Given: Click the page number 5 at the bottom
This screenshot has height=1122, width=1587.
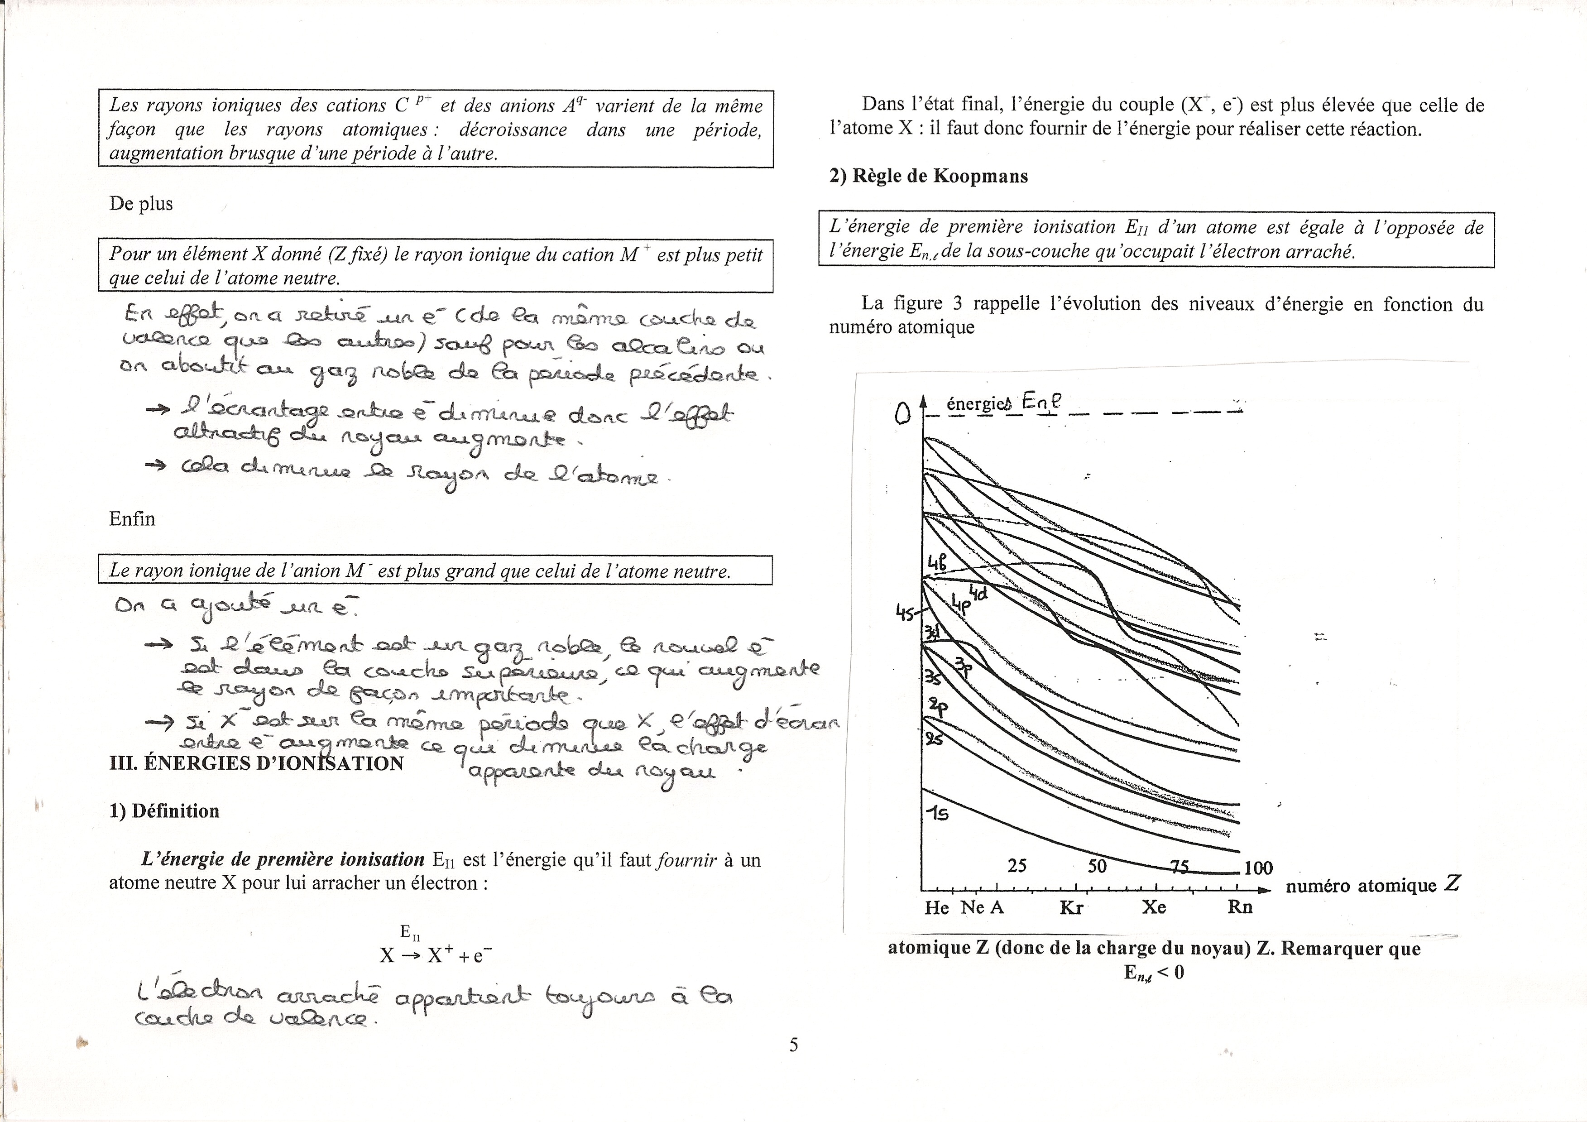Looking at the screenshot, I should (x=793, y=1045).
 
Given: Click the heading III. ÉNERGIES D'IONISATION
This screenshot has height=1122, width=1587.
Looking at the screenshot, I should (x=256, y=763).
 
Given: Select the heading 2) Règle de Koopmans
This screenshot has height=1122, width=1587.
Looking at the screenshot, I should (x=928, y=176).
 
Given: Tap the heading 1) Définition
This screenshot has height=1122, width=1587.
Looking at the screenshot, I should (x=164, y=811).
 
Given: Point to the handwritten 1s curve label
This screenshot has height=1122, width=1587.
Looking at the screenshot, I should (x=938, y=814).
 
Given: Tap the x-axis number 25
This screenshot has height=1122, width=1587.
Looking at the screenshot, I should (x=1017, y=866).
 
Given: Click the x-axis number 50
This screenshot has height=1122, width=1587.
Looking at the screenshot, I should (x=1097, y=866).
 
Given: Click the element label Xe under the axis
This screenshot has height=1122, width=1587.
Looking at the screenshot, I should (x=1154, y=907).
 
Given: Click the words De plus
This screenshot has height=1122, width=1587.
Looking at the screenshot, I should (x=141, y=204).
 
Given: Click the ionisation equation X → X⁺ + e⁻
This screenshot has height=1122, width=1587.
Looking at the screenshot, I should (x=436, y=955).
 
